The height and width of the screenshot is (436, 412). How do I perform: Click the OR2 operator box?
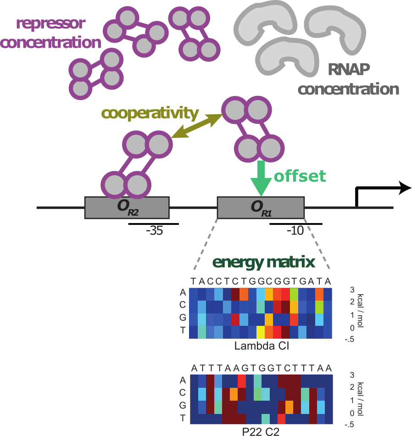coord(127,207)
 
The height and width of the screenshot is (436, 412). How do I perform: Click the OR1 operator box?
coord(260,207)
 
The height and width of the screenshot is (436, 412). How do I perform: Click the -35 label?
coord(154,231)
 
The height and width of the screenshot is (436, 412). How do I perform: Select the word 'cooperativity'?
coord(150,113)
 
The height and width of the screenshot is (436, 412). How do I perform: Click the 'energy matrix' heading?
coord(263,263)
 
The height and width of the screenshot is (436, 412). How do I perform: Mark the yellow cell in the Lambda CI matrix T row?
coord(261,331)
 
